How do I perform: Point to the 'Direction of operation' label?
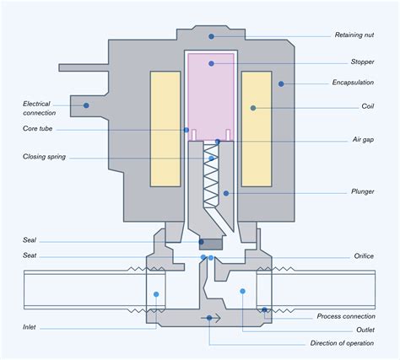pyautogui.click(x=346, y=344)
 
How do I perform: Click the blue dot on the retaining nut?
pyautogui.click(x=211, y=36)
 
